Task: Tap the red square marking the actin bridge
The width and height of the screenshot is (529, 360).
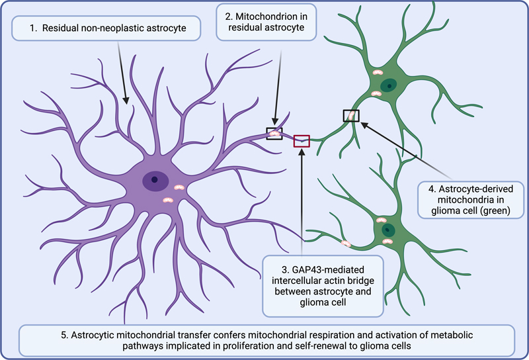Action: [302, 140]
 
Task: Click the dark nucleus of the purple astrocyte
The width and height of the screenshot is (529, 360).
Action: [154, 179]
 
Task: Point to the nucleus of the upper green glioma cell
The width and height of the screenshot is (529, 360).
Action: [391, 84]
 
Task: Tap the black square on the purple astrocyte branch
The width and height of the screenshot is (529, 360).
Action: [274, 134]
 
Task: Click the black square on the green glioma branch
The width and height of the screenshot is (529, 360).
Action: [351, 116]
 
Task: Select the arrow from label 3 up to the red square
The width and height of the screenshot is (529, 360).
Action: [301, 199]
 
